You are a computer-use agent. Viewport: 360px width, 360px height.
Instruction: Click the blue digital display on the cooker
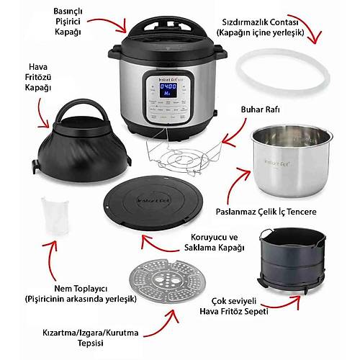coord(168,90)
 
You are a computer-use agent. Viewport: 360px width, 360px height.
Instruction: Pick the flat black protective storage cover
coord(153,203)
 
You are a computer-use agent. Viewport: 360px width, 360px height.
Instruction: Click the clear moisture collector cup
coord(55,216)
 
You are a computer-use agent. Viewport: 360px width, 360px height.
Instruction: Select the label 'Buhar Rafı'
coord(261,109)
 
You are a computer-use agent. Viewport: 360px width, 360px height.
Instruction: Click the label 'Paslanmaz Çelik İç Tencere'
coord(266,212)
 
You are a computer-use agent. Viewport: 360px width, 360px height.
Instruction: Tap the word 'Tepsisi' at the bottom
coord(91,343)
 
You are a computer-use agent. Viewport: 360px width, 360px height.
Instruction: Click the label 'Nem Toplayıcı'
coord(81,289)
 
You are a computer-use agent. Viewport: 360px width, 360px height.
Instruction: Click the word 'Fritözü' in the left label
coord(38,77)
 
